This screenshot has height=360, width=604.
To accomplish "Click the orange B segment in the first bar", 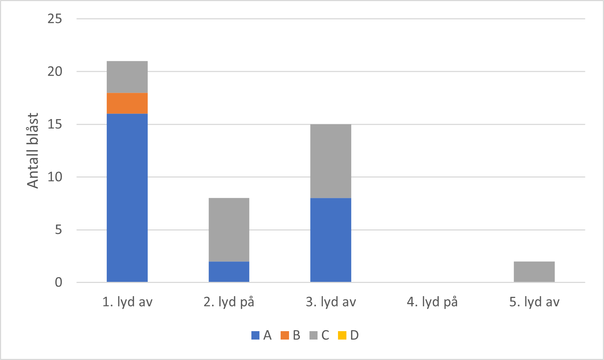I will pyautogui.click(x=127, y=103).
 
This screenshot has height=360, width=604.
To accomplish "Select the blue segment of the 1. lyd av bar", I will pyautogui.click(x=127, y=198).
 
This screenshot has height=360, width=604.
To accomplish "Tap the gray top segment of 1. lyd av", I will pyautogui.click(x=127, y=77).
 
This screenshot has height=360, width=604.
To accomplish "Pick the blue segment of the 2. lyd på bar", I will pyautogui.click(x=229, y=272).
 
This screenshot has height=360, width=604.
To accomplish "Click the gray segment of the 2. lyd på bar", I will pyautogui.click(x=229, y=230).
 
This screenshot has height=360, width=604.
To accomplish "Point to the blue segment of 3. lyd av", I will pyautogui.click(x=331, y=240).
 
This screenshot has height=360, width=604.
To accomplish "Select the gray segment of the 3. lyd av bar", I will pyautogui.click(x=331, y=161).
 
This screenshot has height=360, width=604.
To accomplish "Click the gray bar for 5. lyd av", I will pyautogui.click(x=534, y=272).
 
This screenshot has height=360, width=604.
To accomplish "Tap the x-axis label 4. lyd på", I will pyautogui.click(x=432, y=302).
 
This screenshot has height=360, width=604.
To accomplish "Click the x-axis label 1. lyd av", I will pyautogui.click(x=127, y=302).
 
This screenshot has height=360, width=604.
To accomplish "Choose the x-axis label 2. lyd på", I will pyautogui.click(x=229, y=302).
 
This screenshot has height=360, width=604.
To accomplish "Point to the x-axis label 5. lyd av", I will pyautogui.click(x=534, y=302).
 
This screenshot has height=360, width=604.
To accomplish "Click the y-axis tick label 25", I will pyautogui.click(x=55, y=19).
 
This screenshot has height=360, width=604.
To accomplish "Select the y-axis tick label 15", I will pyautogui.click(x=55, y=125).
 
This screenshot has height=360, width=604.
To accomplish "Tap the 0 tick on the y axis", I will pyautogui.click(x=58, y=283).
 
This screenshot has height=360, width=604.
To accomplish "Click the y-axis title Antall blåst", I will pyautogui.click(x=33, y=150).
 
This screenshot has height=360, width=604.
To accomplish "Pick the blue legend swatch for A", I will pyautogui.click(x=255, y=335).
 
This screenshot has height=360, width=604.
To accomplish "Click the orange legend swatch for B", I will pyautogui.click(x=285, y=335).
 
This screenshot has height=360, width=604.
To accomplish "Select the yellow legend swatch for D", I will pyautogui.click(x=342, y=335).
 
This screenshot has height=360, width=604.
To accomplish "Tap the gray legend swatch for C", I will pyautogui.click(x=314, y=335).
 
